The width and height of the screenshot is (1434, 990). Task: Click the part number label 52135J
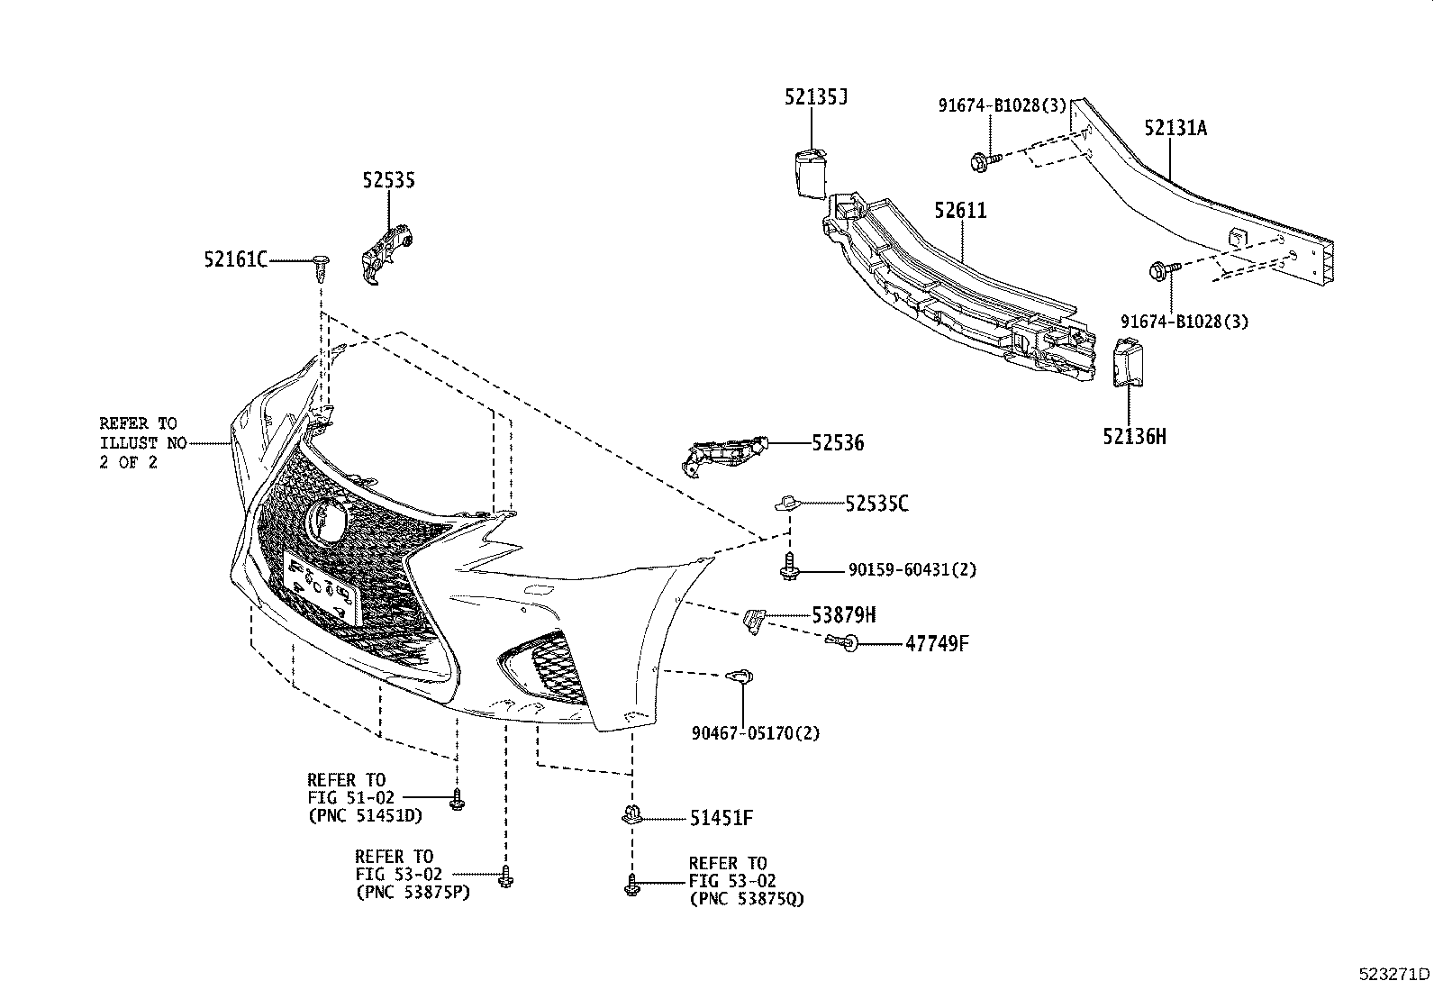pos(815,97)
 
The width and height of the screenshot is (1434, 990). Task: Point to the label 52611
pos(960,211)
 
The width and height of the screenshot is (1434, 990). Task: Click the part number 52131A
pos(1175,128)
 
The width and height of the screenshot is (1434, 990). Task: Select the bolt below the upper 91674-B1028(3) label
pos(985,161)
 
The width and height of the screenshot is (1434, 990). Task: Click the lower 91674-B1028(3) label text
pos(1184,322)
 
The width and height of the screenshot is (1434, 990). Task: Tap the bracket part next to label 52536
pos(722,454)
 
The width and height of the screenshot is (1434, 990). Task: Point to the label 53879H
pos(843,615)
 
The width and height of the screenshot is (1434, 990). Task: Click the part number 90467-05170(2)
pos(756,733)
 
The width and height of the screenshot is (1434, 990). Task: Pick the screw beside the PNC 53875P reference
pos(505,876)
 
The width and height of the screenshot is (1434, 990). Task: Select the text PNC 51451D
pos(364,816)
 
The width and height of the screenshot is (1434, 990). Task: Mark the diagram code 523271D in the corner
pos(1394,974)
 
